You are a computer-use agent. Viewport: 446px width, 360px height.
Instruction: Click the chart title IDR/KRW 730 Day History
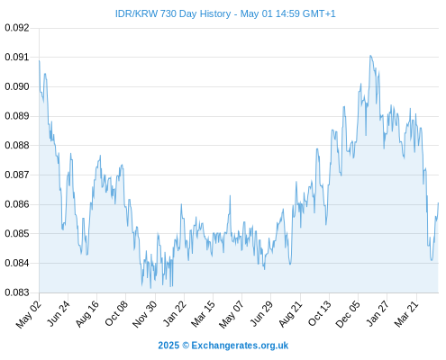(x=173, y=13)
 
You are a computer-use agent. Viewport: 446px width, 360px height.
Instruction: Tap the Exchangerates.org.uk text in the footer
(x=240, y=346)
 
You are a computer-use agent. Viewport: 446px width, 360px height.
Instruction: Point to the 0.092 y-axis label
(x=17, y=28)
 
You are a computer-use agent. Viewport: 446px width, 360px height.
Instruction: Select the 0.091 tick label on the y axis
(x=17, y=57)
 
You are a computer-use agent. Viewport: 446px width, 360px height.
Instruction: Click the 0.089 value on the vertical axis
(x=17, y=116)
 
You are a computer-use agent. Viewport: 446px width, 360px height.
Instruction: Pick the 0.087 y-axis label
(x=17, y=175)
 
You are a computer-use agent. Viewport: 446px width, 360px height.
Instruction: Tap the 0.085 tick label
(x=17, y=233)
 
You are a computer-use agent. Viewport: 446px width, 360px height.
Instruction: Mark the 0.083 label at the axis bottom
(x=17, y=292)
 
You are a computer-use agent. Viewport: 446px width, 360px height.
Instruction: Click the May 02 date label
(x=28, y=314)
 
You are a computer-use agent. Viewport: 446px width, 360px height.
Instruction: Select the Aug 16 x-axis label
(x=86, y=314)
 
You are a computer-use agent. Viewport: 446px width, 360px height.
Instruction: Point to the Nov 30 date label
(x=144, y=314)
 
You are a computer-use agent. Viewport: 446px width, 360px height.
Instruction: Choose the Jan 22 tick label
(x=174, y=313)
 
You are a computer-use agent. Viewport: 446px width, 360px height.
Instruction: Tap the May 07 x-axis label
(x=231, y=314)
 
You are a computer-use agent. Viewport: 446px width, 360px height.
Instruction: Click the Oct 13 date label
(x=319, y=313)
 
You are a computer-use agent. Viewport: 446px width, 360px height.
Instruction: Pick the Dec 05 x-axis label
(x=347, y=314)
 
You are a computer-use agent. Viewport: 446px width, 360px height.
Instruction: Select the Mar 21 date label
(x=406, y=314)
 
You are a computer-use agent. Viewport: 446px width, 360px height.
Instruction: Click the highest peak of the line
(x=370, y=56)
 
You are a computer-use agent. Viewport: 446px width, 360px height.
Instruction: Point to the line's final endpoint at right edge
(x=438, y=203)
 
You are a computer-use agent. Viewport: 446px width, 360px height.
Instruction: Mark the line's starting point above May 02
(x=40, y=61)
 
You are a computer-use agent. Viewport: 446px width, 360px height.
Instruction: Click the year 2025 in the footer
(x=168, y=346)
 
